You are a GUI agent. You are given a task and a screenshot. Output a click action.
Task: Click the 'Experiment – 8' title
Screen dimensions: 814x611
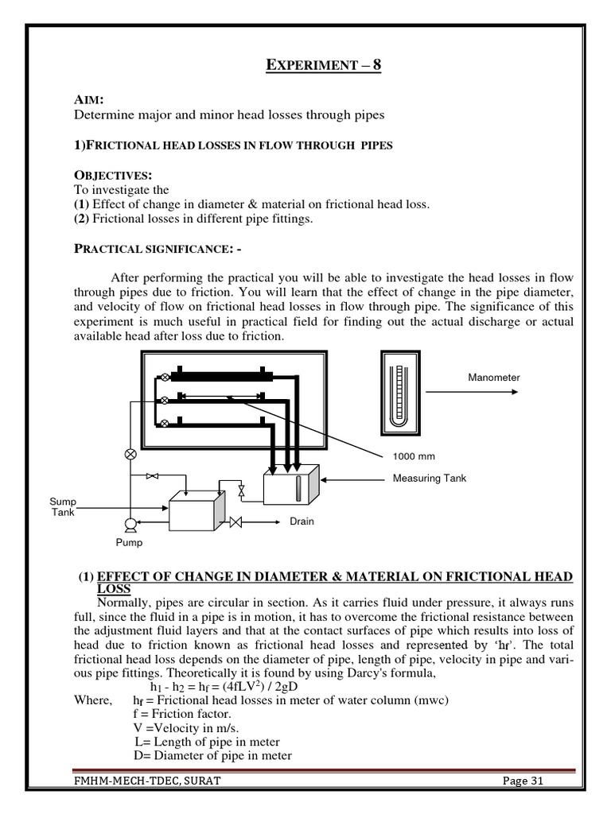point(323,64)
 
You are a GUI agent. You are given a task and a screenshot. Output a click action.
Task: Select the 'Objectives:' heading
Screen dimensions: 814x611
point(112,175)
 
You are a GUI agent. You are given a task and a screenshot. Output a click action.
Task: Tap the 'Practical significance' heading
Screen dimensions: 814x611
point(158,249)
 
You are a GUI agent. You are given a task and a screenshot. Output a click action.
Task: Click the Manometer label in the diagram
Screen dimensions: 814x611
point(493,378)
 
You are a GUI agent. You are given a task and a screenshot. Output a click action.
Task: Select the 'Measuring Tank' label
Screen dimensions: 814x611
point(430,478)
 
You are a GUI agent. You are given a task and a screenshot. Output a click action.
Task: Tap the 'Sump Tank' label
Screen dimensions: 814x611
point(63,507)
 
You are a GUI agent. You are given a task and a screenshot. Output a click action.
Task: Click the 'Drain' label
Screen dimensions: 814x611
point(302,521)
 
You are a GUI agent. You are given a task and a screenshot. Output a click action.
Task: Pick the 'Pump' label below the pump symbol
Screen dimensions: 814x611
point(129,543)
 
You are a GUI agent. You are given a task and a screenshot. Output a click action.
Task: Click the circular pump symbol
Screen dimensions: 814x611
point(130,523)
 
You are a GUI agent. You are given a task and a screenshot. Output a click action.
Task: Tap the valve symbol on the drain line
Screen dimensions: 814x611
point(235,522)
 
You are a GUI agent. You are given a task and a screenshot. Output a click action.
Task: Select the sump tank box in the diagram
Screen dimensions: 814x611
point(194,511)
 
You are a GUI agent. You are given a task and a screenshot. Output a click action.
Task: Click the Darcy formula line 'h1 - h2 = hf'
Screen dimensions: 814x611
point(212,686)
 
